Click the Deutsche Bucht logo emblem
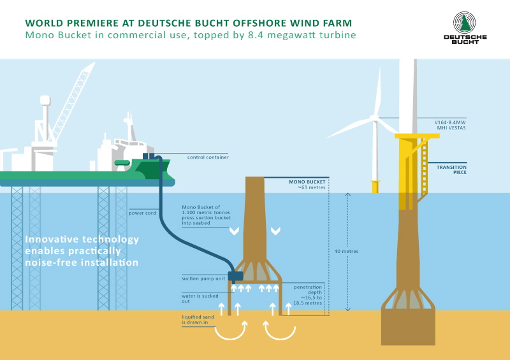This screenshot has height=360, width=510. pos(465,22)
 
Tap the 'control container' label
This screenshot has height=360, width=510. pos(208,157)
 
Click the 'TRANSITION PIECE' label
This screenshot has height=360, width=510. pos(451,169)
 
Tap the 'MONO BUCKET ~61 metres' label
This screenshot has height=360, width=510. pos(303,185)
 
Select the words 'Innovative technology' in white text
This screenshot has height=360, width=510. pos(82,240)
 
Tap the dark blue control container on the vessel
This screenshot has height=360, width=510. pos(149,156)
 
